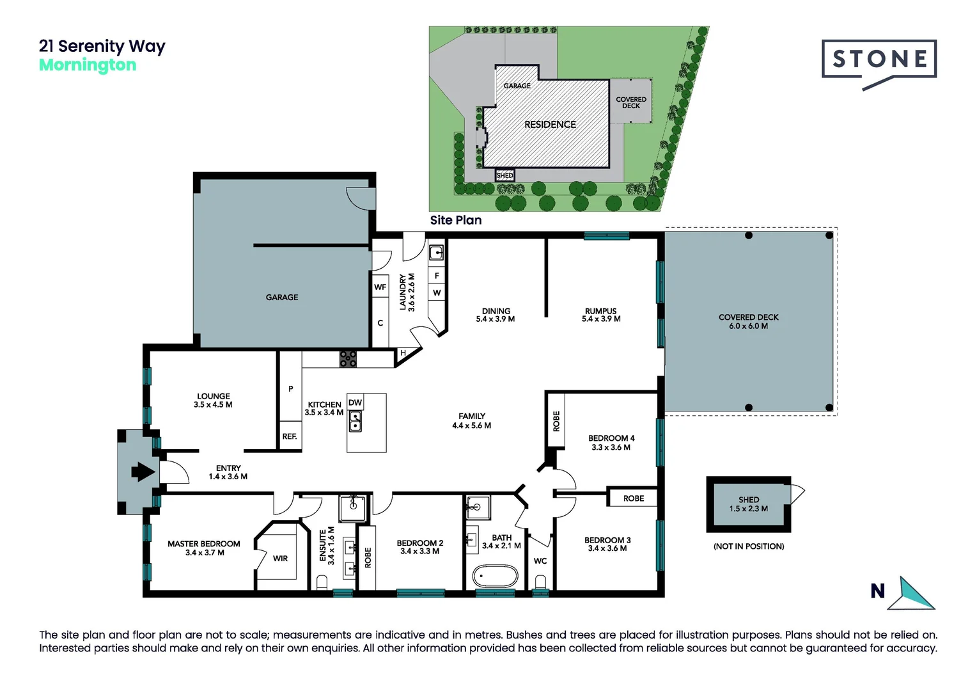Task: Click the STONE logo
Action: (879, 60)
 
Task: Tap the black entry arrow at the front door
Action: (143, 472)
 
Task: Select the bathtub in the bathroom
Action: (495, 576)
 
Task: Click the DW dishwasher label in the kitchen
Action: (355, 402)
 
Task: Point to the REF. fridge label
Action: (290, 436)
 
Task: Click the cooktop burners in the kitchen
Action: (348, 359)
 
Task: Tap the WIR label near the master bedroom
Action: (280, 559)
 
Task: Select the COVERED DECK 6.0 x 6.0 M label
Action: (748, 321)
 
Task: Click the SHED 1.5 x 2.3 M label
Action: (748, 504)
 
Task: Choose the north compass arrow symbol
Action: (915, 594)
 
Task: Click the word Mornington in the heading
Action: (88, 65)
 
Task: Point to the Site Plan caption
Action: (455, 220)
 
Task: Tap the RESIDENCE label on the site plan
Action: (550, 125)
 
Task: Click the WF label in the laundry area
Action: (380, 287)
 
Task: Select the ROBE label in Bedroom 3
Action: (633, 498)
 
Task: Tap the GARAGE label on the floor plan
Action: (282, 298)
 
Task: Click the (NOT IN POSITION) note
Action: (748, 546)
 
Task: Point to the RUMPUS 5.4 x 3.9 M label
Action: (600, 315)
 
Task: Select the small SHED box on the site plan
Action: (504, 175)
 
